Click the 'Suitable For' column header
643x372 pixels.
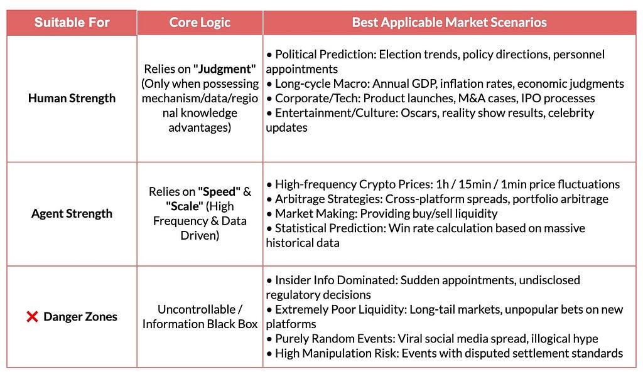click(x=72, y=22)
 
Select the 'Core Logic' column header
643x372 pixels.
click(x=200, y=22)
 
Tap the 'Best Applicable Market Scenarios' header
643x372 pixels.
click(x=450, y=22)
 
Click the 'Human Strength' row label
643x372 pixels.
click(x=72, y=98)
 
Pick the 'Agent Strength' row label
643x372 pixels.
click(x=72, y=213)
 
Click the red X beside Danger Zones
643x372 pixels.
click(x=32, y=317)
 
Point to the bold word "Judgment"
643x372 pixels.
click(x=225, y=69)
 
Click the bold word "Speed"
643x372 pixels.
click(x=219, y=192)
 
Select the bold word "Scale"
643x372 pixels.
click(x=185, y=206)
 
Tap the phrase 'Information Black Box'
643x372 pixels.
click(x=200, y=324)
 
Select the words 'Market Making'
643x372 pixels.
click(x=315, y=213)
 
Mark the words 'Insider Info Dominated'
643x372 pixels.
click(x=336, y=280)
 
